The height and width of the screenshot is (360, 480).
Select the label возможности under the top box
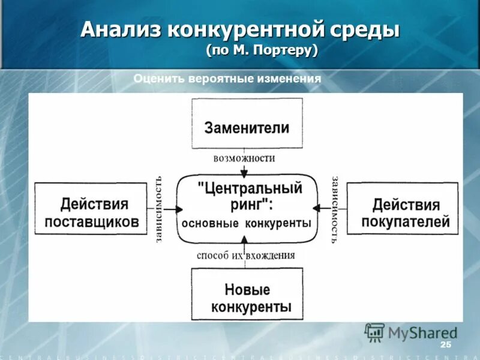(x=244, y=158)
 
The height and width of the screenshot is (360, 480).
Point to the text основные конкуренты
(x=246, y=223)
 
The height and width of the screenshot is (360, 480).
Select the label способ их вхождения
(x=245, y=255)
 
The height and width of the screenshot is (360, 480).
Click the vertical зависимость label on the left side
(x=159, y=209)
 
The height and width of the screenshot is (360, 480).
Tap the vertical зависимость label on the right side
(x=334, y=209)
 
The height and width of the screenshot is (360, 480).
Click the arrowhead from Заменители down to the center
(x=244, y=173)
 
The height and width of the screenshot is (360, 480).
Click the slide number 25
(x=445, y=344)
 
